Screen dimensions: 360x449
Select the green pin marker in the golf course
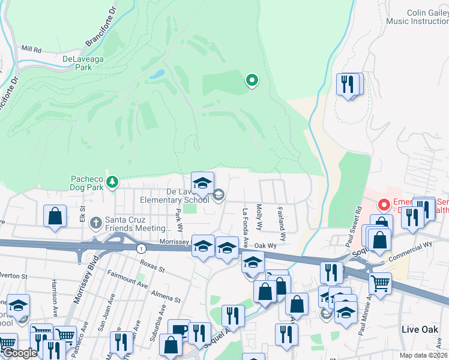coord(252,80)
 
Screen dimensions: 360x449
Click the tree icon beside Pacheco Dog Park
coord(112,182)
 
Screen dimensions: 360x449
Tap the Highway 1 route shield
coord(140,248)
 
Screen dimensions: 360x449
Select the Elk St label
coord(82,212)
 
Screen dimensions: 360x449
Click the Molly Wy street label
coord(259,217)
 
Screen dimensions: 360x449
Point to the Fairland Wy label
coord(281,221)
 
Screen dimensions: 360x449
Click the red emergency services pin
coord(383,205)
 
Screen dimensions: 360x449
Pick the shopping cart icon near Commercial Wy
coord(379,282)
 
